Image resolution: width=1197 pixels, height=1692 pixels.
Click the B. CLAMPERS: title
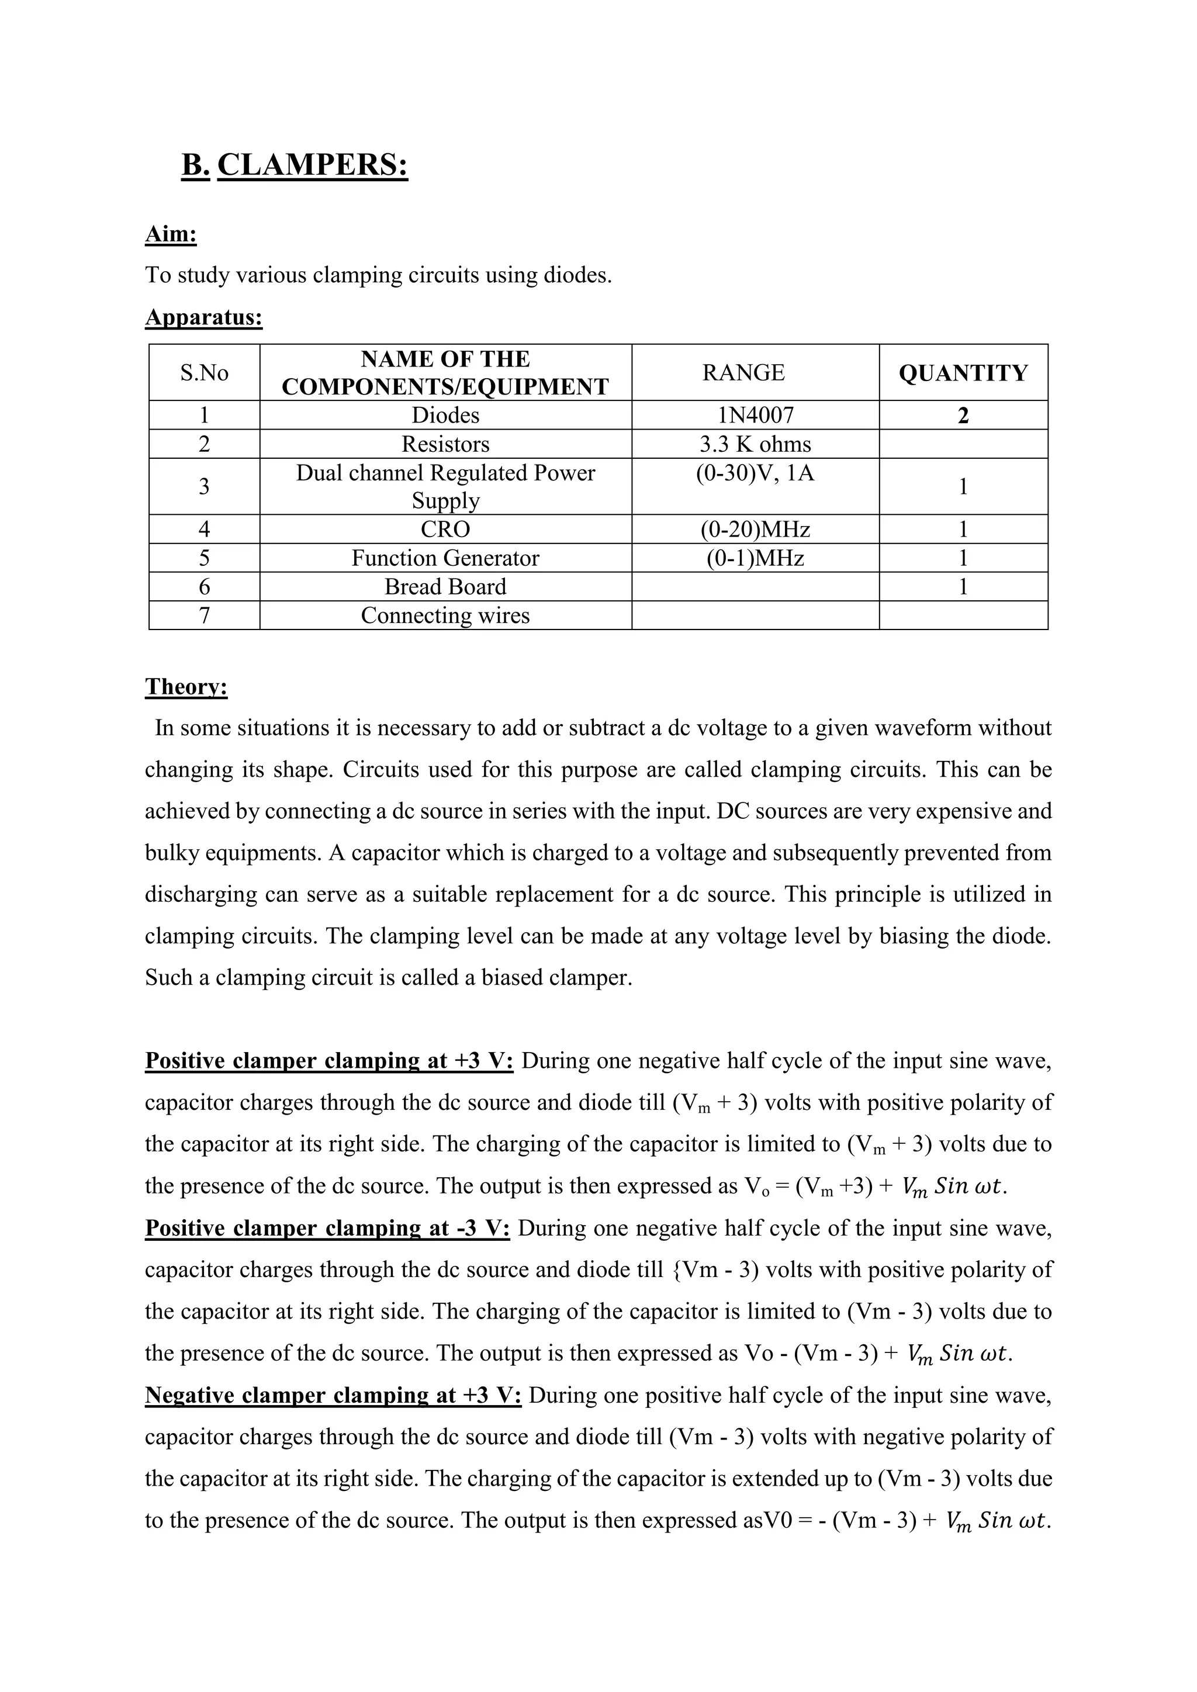click(x=294, y=164)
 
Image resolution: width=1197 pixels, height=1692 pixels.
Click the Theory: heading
click(x=186, y=686)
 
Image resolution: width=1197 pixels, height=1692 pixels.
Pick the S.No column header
click(x=204, y=373)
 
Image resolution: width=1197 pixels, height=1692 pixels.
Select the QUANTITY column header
click(x=963, y=373)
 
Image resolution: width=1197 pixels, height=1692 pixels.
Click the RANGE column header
click(x=743, y=373)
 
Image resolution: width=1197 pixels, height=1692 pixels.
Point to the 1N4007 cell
click(x=756, y=416)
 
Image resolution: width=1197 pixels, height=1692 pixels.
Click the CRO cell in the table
click(x=445, y=529)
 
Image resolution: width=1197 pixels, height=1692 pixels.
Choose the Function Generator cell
click(x=445, y=558)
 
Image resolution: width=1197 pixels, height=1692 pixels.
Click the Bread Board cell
click(x=445, y=587)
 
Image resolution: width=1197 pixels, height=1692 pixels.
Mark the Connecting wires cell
click(x=445, y=615)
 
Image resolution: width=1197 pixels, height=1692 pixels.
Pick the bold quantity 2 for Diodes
click(x=963, y=416)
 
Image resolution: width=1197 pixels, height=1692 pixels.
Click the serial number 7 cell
click(x=204, y=615)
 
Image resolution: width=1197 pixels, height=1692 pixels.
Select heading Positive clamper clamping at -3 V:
click(x=327, y=1229)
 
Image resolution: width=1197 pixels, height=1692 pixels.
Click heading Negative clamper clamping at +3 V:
click(x=333, y=1396)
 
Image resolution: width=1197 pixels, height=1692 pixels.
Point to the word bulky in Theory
click(x=172, y=853)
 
